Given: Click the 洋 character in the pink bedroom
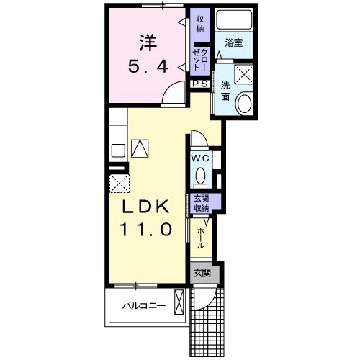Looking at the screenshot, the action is [x=148, y=43].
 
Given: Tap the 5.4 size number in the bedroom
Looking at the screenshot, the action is [x=148, y=66].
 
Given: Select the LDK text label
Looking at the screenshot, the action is [x=146, y=207].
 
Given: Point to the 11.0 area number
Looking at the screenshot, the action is [x=146, y=229].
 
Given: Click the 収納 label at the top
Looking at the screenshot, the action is [x=200, y=24].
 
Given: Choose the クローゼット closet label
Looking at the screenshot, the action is [x=200, y=59].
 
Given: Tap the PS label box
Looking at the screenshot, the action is [x=200, y=84].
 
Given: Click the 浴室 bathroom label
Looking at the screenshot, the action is [x=234, y=42].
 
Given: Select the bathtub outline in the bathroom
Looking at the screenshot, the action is [x=234, y=19].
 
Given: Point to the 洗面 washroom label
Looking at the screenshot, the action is [x=225, y=91].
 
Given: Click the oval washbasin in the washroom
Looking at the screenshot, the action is [x=244, y=104].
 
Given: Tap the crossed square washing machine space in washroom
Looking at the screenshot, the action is [x=244, y=74].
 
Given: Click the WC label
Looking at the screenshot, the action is [x=200, y=158].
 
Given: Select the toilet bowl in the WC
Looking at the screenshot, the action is [x=201, y=177].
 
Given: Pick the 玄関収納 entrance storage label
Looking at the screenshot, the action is [x=202, y=203].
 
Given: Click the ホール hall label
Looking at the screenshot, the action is [x=201, y=238].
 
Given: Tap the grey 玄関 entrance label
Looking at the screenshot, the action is [x=202, y=273].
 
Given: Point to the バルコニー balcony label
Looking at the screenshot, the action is [x=144, y=306].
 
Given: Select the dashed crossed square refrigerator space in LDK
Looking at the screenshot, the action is [x=120, y=184].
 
